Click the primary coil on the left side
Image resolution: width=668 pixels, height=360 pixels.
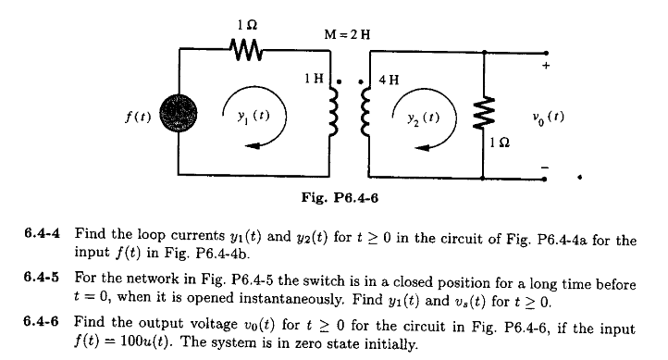(x=336, y=118)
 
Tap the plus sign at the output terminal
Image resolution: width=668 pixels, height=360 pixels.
(x=547, y=67)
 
